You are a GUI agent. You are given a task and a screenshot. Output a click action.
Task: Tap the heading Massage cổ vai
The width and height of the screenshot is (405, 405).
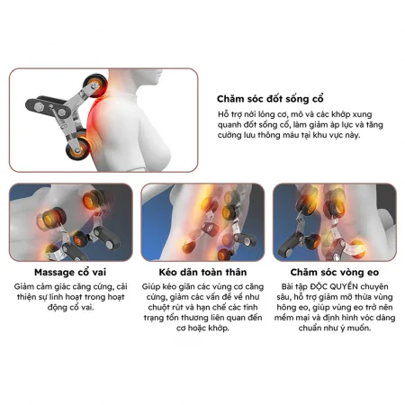[x=67, y=271]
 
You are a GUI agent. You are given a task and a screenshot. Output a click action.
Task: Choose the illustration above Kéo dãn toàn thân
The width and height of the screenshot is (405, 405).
[x=202, y=222]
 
